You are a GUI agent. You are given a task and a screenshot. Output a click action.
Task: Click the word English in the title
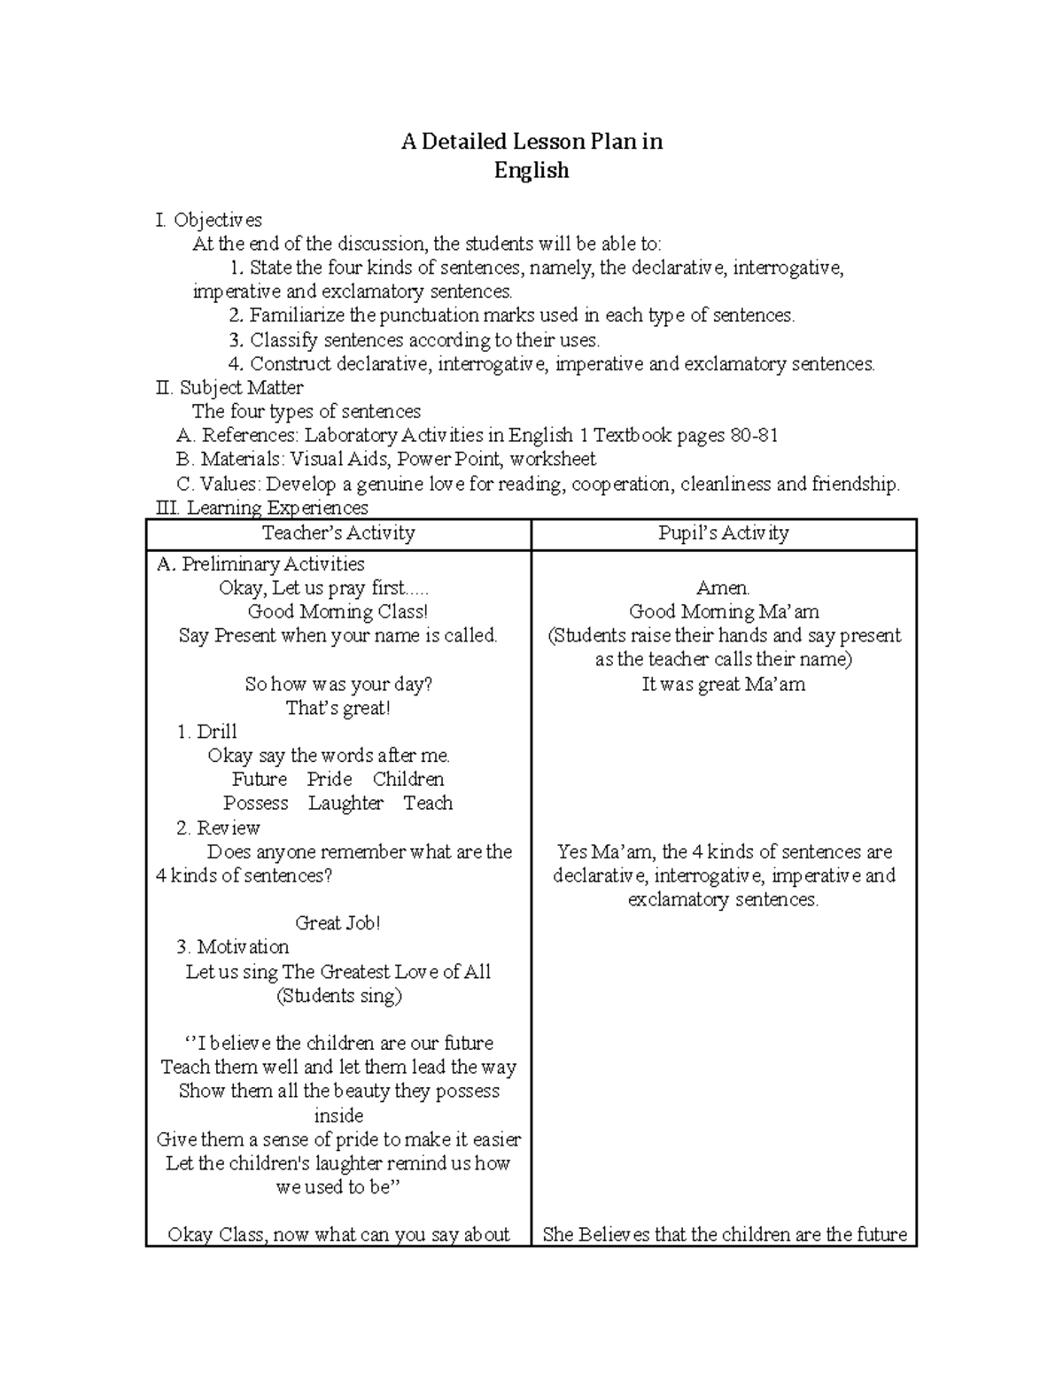coord(531,170)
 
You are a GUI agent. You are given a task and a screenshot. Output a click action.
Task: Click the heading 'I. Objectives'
coord(208,220)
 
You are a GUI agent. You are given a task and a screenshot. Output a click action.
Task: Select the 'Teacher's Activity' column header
coord(338,533)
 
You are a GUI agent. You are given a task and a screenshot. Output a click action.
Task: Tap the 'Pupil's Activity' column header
coord(723,533)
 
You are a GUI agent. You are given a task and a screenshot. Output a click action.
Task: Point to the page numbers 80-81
coord(754,436)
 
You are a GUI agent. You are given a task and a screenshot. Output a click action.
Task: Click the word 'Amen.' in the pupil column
coord(723,588)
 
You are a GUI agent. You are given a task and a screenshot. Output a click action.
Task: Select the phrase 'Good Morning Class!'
coord(338,612)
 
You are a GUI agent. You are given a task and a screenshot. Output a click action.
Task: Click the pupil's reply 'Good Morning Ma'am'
coord(723,612)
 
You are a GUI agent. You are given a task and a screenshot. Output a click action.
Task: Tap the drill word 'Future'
coord(260,780)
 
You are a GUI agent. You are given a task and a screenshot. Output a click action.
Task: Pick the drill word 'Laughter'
coord(345,804)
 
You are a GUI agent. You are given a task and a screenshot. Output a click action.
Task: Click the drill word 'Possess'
coord(256,804)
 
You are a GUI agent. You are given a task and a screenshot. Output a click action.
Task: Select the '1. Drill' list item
coord(206,732)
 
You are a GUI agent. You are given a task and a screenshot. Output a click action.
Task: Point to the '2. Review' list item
coord(218,828)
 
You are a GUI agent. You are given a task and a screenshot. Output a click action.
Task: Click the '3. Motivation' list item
coord(232,947)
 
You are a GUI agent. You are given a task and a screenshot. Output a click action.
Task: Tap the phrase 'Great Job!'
coord(338,923)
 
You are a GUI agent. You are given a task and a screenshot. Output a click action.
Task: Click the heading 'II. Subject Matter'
coord(229,388)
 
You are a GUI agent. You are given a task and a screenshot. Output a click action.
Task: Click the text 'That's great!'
coord(338,708)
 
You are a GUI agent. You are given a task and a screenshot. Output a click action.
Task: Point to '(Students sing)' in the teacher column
coord(338,996)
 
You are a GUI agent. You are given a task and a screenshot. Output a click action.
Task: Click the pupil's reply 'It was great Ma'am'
coord(723,684)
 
